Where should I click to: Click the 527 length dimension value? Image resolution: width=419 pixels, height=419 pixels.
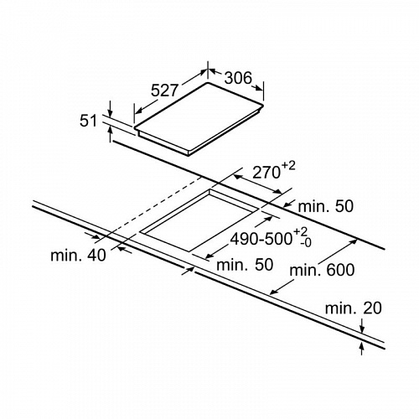(164, 91)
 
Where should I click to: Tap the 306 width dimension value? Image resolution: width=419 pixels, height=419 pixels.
(238, 78)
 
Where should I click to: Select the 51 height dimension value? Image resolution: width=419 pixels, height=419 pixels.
(88, 121)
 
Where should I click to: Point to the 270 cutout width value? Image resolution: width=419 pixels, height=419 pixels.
(266, 173)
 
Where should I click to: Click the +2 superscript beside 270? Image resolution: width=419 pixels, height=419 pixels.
(288, 166)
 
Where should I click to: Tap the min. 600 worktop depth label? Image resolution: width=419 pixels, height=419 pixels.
(322, 270)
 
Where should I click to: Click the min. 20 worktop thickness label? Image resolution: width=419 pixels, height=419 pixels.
(354, 308)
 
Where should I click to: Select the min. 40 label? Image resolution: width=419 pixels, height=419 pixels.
(78, 255)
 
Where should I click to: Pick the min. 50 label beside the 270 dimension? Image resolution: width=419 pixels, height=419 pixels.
(326, 206)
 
